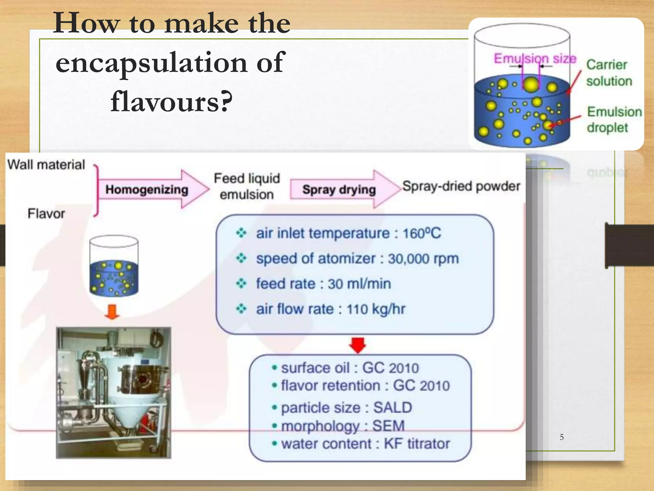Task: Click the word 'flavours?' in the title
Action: coord(171,101)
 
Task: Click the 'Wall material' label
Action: coord(46,165)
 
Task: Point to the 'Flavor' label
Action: coord(46,214)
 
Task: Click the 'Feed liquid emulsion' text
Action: coord(247,186)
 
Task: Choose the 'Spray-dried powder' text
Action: coord(461,186)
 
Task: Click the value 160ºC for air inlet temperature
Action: coord(422,233)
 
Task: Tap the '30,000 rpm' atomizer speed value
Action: coord(423,259)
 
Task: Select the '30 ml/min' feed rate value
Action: coord(359,284)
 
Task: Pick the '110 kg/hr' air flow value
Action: coord(376,309)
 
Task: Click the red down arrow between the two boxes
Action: coord(358,345)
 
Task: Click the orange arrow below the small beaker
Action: coord(112,312)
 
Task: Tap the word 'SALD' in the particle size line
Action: coord(392,408)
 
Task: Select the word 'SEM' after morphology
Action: coord(388,426)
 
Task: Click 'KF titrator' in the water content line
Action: coord(417,444)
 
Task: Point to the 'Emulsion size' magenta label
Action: coord(535,58)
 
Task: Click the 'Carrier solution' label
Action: coord(608,73)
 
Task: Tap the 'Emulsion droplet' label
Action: coord(614,120)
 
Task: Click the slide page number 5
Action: coord(562,437)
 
